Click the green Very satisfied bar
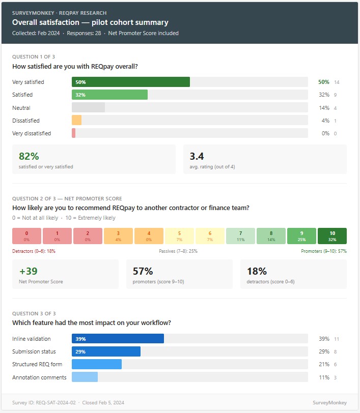[x=131, y=82]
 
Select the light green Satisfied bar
[x=109, y=95]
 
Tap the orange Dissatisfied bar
[x=77, y=121]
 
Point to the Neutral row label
[x=21, y=108]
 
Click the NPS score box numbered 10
[x=332, y=236]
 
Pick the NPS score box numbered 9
[x=301, y=236]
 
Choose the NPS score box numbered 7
[x=240, y=236]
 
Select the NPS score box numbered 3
[x=118, y=236]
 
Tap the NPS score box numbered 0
[x=26, y=236]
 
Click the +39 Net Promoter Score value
[x=29, y=271]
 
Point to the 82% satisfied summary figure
[x=29, y=157]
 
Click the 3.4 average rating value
[x=197, y=157]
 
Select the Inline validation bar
[x=118, y=339]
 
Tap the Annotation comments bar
[x=85, y=377]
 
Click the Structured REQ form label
[x=35, y=365]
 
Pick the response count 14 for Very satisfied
[x=337, y=82]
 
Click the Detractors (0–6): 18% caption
[x=34, y=251]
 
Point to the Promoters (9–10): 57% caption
[x=324, y=251]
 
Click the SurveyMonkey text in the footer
[x=330, y=403]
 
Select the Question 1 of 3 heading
[x=32, y=57]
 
